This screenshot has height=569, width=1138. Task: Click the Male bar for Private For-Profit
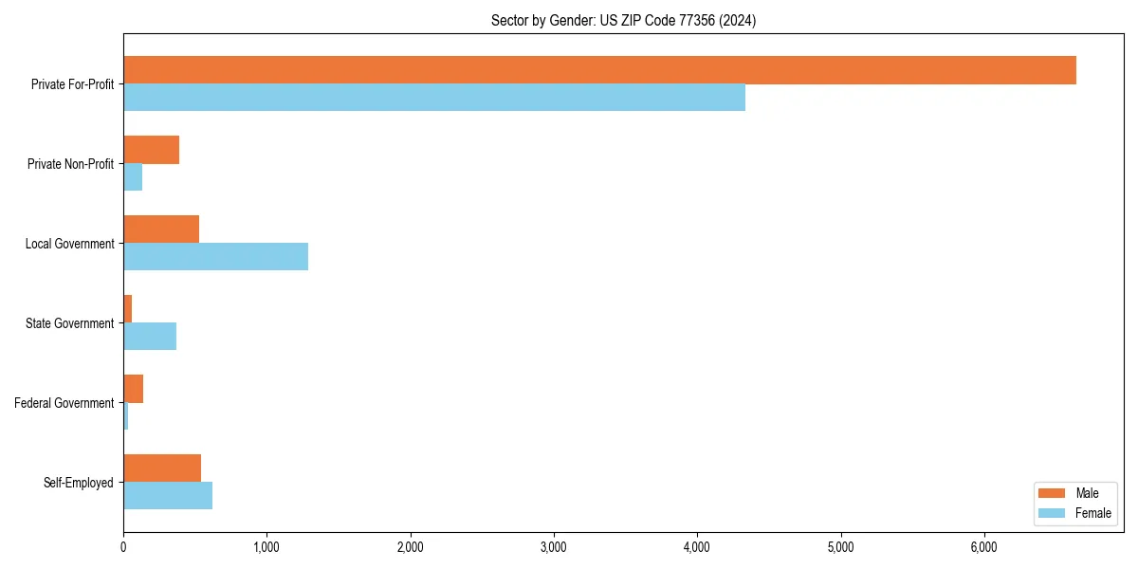point(599,70)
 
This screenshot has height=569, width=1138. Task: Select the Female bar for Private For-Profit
point(434,98)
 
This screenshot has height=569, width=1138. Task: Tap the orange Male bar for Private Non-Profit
point(152,150)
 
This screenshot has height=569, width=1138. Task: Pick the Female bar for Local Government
point(215,257)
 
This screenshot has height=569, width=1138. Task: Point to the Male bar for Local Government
point(161,229)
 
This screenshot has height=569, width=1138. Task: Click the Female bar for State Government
point(150,337)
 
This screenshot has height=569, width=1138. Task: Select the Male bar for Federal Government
point(133,389)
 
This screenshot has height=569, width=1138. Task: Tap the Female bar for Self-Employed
point(168,496)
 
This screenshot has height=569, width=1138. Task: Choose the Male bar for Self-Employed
point(162,468)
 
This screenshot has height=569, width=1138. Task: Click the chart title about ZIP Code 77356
point(623,20)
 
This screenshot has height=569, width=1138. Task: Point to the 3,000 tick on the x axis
point(554,547)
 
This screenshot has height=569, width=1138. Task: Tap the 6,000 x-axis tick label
point(983,547)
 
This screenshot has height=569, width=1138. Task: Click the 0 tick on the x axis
point(123,547)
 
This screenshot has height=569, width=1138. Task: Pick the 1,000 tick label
point(266,547)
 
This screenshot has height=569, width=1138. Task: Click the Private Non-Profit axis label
point(70,164)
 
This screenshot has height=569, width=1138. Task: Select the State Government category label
point(69,323)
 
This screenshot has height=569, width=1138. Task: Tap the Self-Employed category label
point(78,483)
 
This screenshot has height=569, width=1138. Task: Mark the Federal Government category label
point(64,403)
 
